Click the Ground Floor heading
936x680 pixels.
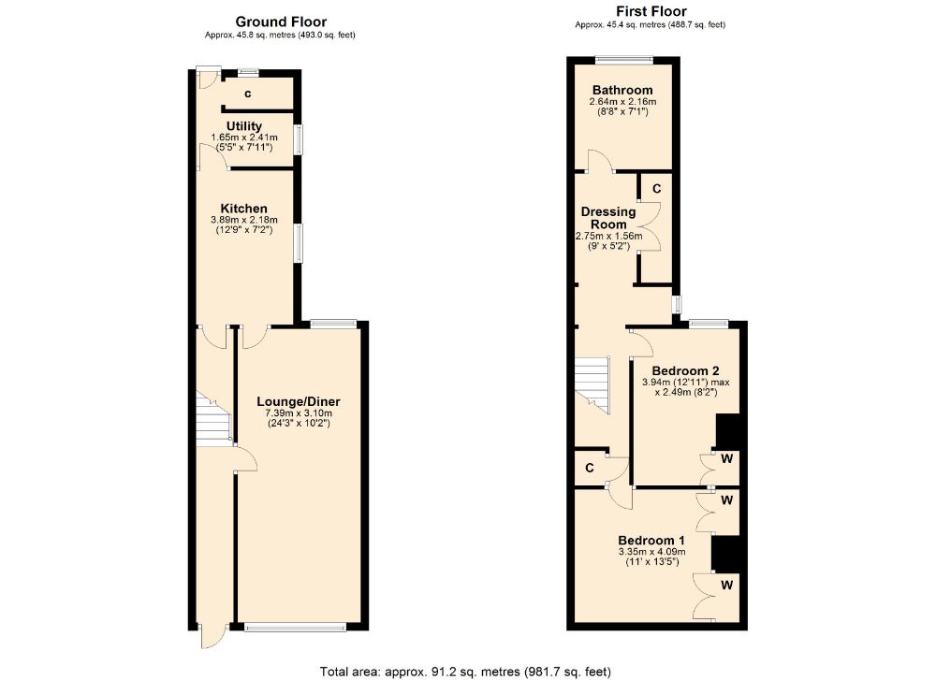[281, 22]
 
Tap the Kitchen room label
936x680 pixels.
[243, 208]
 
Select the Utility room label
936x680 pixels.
[243, 125]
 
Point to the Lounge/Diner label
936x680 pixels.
[299, 401]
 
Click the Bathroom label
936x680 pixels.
[622, 90]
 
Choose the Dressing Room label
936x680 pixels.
[608, 218]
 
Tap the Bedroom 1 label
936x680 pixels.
[651, 540]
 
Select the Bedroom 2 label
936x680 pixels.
[685, 369]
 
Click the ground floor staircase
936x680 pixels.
[212, 417]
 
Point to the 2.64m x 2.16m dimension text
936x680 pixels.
[622, 101]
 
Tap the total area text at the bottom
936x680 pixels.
[467, 670]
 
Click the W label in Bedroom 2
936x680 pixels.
[726, 459]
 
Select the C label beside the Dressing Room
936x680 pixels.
[656, 189]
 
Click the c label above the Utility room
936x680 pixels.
[248, 94]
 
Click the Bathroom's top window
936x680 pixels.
[624, 61]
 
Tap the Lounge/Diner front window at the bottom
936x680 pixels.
[295, 628]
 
